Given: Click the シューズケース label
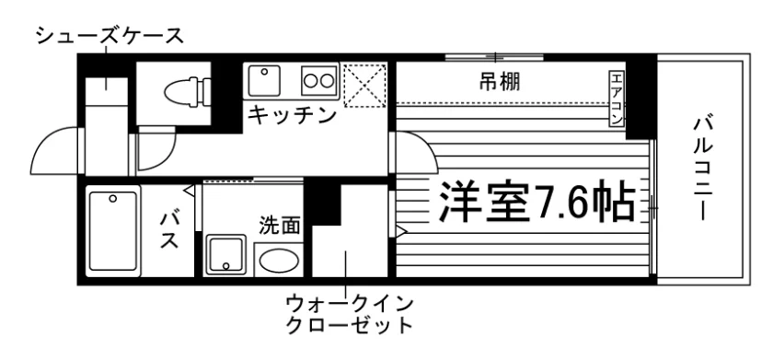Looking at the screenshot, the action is coord(110,37).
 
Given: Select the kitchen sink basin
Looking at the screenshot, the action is coord(264,80).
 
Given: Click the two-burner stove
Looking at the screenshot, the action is coord(318,80).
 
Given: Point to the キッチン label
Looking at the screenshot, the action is coord(292,116).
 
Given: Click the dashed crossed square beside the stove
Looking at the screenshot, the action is coord(364,85).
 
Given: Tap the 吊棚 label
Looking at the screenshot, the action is coord(500,82).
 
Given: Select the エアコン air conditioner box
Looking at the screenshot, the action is coord(617,99).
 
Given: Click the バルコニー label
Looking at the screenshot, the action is coord(702,168).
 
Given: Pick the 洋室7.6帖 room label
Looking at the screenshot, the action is coord(536,202).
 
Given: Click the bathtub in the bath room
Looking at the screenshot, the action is coord(113,231).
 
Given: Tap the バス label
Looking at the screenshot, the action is coord(168,231).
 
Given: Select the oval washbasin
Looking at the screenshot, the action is coord(279,261).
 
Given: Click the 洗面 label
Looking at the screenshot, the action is coord(280,226).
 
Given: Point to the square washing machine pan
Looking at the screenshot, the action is coord(225,255).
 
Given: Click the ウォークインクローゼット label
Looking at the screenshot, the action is coord(349,314).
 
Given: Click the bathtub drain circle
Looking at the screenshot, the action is coord(113,199).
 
